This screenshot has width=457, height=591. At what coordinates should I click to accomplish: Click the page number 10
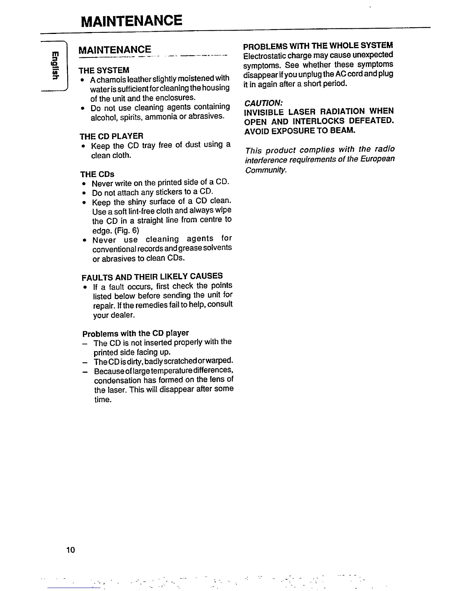point(71,550)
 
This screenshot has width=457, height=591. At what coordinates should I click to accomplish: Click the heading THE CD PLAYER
point(112,136)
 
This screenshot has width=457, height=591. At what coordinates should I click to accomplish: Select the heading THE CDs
point(97,174)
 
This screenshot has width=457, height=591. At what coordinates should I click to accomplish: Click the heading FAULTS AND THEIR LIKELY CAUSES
point(152,277)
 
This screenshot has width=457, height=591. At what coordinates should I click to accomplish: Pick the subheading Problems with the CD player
point(136,333)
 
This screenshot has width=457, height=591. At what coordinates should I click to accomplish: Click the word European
point(377,159)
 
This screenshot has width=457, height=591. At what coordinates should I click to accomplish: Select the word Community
point(266,170)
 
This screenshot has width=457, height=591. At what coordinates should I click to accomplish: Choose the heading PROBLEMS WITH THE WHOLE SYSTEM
point(318,46)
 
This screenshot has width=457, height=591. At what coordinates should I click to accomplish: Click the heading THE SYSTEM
point(104,71)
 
